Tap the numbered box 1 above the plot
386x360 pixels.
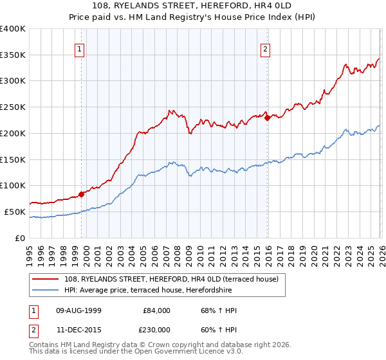(x=79, y=48)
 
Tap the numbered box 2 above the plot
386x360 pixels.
(x=265, y=48)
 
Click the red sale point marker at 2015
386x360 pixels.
(x=267, y=117)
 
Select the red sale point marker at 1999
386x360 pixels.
(x=81, y=194)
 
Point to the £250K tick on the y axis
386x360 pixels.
(x=13, y=107)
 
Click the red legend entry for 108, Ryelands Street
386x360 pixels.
(x=171, y=279)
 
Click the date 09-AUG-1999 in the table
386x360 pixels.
(x=77, y=310)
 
